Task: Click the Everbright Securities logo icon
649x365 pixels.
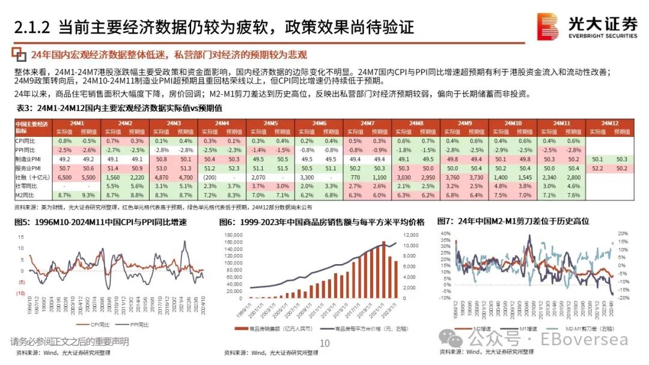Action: coord(548,26)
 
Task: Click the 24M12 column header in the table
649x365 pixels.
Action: coord(609,123)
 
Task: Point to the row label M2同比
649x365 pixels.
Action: coord(25,195)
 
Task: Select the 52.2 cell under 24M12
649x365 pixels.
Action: coord(597,169)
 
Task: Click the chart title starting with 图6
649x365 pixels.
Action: coord(321,222)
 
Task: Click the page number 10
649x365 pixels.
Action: coord(325,343)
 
